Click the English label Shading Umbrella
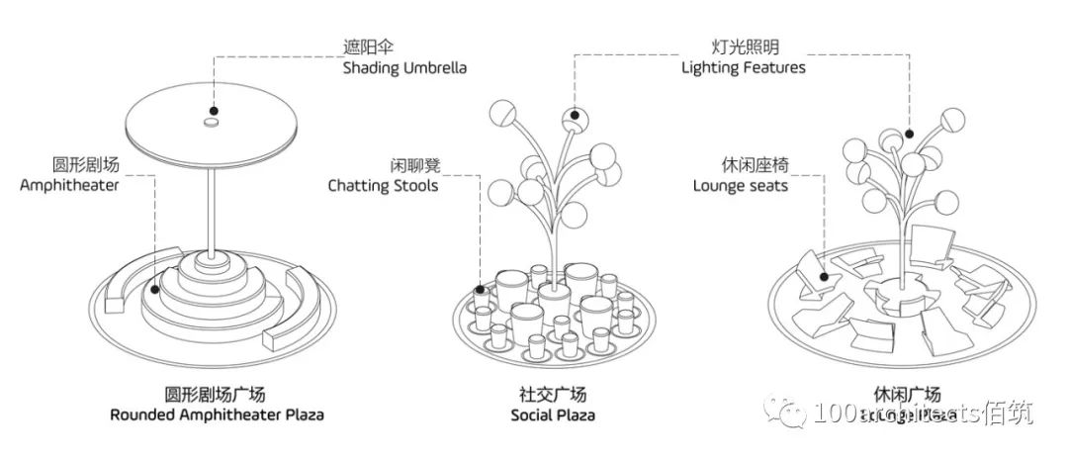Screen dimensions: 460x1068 pos(404,68)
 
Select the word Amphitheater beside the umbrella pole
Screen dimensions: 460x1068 pos(68,184)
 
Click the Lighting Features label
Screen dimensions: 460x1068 pos(743,67)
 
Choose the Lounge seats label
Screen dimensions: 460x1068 pos(740,185)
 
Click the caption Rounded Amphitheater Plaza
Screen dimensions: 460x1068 pos(217,414)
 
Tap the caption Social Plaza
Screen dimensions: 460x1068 pos(553,414)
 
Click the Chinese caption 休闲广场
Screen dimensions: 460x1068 pos(901,394)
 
